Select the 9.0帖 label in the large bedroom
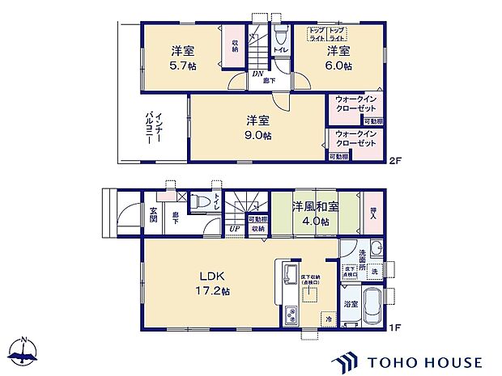coord(258,135)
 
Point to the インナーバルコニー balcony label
coord(151,127)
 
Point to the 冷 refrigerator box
coord(329,319)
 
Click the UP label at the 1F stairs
coord(234,229)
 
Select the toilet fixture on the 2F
coord(280,36)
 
